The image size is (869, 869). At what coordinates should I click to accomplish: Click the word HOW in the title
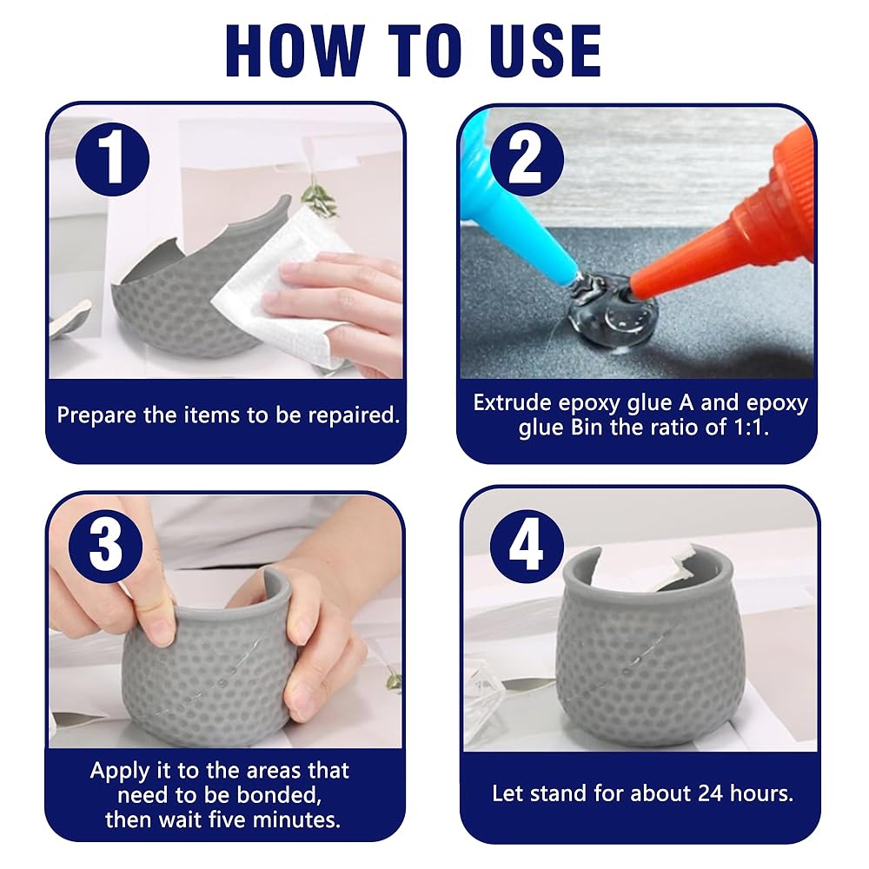(x=295, y=50)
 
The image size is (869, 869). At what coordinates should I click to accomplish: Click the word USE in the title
(x=546, y=50)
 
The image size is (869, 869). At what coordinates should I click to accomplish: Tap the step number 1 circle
(x=112, y=159)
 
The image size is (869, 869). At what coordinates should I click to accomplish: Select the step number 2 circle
(x=527, y=159)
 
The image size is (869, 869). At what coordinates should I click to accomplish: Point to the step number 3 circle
(x=105, y=546)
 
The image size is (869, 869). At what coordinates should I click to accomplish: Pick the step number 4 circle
(x=527, y=546)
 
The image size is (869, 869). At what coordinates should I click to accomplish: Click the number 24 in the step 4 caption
(x=710, y=793)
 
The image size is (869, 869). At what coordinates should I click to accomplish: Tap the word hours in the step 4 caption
(x=761, y=793)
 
